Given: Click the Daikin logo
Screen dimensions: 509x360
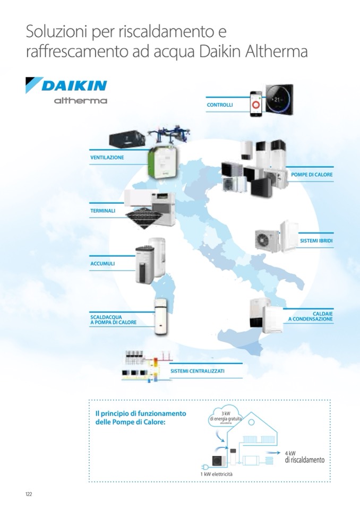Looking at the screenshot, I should coord(66,85).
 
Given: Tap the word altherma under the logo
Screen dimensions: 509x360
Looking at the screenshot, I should coord(81,100).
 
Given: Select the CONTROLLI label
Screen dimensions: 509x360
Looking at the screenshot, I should coord(220,105).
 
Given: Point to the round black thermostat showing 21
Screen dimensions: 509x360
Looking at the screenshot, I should coord(280,99).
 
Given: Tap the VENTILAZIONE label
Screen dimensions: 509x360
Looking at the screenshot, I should coord(107,158).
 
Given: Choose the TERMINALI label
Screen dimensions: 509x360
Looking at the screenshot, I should coord(103,211).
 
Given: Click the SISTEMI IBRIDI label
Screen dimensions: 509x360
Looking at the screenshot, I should coord(316,241).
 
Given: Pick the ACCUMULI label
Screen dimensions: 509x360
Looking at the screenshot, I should coord(102,263).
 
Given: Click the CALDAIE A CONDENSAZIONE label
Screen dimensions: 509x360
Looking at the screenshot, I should coord(311,316).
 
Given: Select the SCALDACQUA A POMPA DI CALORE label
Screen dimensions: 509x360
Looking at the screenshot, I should coord(113,320).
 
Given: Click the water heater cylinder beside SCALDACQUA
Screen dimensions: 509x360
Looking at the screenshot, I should coord(160,316).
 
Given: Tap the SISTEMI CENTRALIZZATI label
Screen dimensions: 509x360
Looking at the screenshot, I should coord(198,371).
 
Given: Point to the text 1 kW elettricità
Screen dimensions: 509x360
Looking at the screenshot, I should coord(216,473).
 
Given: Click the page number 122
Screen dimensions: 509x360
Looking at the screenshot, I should coord(29,494).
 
